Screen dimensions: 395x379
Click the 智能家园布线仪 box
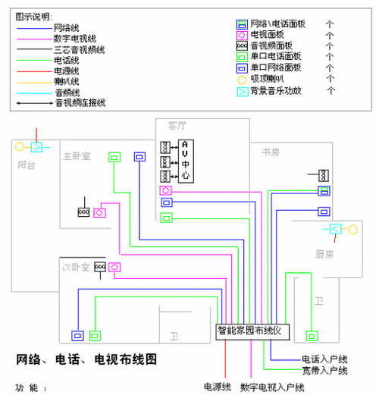pyautogui.click(x=249, y=330)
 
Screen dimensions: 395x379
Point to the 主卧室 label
pyautogui.click(x=77, y=156)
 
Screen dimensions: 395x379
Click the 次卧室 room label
pyautogui.click(x=77, y=267)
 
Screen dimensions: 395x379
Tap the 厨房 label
pyautogui.click(x=324, y=253)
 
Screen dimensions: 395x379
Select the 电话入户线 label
pyautogui.click(x=324, y=358)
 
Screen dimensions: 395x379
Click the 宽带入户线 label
pyautogui.click(x=324, y=370)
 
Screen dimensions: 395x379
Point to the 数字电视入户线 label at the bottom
pyautogui.click(x=272, y=387)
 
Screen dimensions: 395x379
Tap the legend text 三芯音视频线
pyautogui.click(x=80, y=49)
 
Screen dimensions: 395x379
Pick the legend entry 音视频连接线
pyautogui.click(x=80, y=102)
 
